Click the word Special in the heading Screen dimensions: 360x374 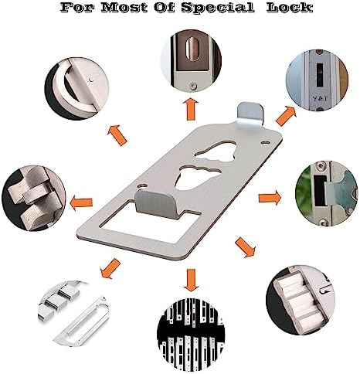click(x=218, y=8)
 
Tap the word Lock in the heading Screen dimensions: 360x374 click(x=290, y=7)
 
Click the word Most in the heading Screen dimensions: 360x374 click(x=125, y=7)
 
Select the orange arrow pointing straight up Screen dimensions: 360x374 click(x=191, y=109)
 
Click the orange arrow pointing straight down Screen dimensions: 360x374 click(x=191, y=280)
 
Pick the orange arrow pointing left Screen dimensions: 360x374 click(x=81, y=202)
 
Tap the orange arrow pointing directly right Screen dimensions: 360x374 click(x=270, y=198)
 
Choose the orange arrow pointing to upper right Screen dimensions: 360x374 click(x=286, y=116)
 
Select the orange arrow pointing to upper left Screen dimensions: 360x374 click(x=117, y=135)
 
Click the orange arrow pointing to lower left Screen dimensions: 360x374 click(x=110, y=269)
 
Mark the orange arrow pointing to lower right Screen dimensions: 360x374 click(x=246, y=247)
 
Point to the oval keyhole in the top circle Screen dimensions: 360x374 click(x=192, y=49)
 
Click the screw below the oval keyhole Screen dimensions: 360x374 click(x=192, y=86)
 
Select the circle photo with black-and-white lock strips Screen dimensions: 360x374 click(x=191, y=331)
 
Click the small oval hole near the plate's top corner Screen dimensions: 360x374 click(x=265, y=141)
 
